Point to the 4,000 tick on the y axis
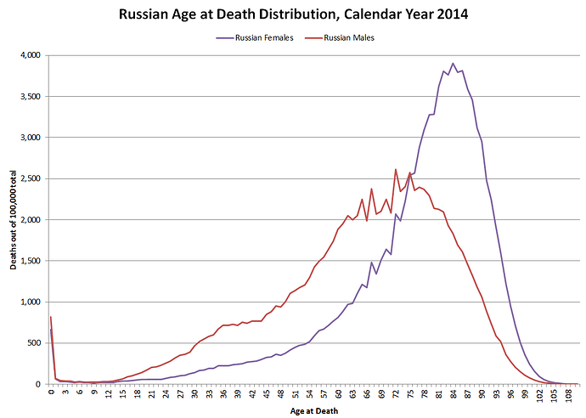pos(30,55)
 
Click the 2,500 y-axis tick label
pos(30,178)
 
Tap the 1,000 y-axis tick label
pos(30,302)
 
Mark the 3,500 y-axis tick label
pos(30,96)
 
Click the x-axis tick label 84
pos(454,393)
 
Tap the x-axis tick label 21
pos(151,393)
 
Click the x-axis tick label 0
pos(51,393)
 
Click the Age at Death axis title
pos(313,410)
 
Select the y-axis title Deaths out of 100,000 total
pos(14,218)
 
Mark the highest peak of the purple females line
pos(454,63)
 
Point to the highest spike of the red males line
pos(396,169)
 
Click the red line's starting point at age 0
pos(51,317)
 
